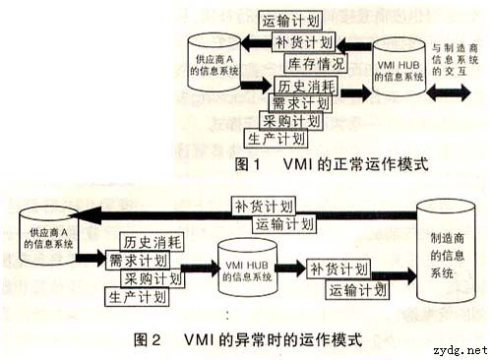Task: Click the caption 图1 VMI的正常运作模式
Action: (332, 164)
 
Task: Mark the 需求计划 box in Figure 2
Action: (137, 261)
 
